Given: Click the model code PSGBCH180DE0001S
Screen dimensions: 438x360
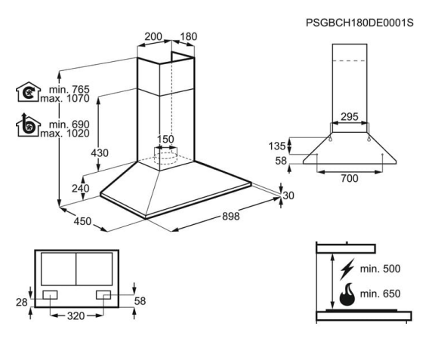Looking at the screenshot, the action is [x=359, y=23].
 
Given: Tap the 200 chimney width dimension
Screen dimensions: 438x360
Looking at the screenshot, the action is [x=153, y=36].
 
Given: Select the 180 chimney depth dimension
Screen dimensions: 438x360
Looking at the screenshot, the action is [x=189, y=36].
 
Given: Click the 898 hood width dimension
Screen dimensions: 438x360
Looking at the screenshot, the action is [x=231, y=217].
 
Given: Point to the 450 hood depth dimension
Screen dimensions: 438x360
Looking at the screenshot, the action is [x=82, y=221].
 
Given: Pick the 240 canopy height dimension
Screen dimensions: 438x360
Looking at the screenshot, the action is [x=81, y=189].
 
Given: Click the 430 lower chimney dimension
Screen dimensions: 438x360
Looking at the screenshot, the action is [x=100, y=153].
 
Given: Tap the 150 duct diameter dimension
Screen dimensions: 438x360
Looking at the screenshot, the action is [x=165, y=140].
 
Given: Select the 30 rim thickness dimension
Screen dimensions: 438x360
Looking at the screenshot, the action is [x=288, y=195].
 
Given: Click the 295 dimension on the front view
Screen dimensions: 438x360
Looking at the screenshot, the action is [x=350, y=116].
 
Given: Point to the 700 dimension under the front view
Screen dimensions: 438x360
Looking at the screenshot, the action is [x=350, y=178].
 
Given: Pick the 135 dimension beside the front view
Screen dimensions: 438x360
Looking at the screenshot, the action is [x=277, y=146].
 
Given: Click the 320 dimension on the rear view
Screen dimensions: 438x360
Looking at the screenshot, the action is [x=76, y=316].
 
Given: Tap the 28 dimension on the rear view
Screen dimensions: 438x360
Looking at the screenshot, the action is [x=22, y=302].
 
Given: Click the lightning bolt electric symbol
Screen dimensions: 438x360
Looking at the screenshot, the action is [x=347, y=269].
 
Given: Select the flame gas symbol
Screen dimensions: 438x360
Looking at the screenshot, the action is [x=347, y=294].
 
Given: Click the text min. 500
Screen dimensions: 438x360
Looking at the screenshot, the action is [x=380, y=269].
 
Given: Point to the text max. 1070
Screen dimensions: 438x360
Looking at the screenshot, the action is [x=65, y=99].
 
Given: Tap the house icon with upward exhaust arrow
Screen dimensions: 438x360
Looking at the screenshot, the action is [x=28, y=125].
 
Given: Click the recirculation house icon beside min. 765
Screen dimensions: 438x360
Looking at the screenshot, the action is [x=28, y=92].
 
